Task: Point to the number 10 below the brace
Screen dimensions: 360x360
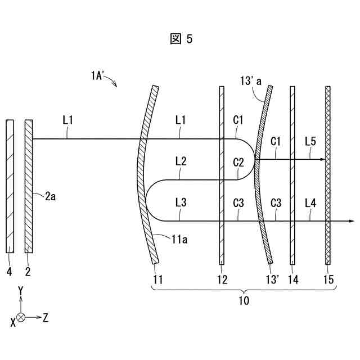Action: tap(244, 301)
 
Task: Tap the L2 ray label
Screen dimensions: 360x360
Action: tap(181, 161)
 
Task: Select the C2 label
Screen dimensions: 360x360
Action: tap(238, 163)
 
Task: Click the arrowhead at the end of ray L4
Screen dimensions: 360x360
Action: tap(352, 221)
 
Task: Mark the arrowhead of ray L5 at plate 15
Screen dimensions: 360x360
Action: tap(323, 160)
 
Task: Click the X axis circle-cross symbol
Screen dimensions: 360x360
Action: tap(21, 318)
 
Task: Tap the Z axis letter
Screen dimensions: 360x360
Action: tap(46, 318)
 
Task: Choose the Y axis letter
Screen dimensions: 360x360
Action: tap(20, 290)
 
